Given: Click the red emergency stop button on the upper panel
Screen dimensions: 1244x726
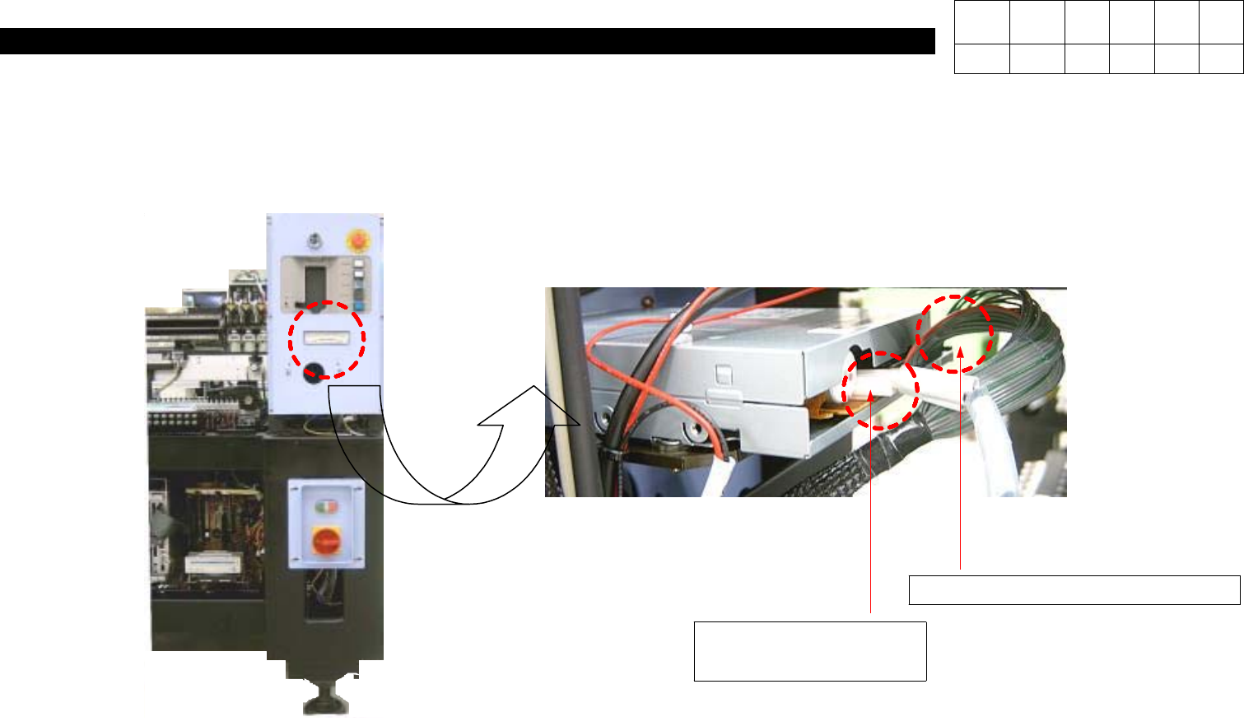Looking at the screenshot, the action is [x=359, y=240].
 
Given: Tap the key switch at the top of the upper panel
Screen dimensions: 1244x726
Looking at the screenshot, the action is [x=314, y=241].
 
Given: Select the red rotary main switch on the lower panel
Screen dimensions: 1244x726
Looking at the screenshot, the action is [x=324, y=542].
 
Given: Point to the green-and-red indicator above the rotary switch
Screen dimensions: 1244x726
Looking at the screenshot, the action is [x=324, y=505].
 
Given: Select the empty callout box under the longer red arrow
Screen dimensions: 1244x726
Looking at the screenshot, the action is [x=1074, y=590].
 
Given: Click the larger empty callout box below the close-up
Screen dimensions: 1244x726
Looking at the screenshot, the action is [x=810, y=651].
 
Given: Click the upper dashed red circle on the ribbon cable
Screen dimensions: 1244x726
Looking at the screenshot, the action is [x=955, y=333].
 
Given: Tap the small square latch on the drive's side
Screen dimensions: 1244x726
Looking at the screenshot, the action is [x=724, y=375].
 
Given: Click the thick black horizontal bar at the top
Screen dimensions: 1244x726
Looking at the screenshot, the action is [x=467, y=41].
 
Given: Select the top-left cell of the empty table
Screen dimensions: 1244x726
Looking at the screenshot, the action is [x=981, y=23].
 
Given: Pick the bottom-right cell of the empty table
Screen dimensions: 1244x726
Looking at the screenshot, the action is [x=1221, y=59].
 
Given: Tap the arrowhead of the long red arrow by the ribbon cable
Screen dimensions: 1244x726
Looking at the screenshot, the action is [x=959, y=353].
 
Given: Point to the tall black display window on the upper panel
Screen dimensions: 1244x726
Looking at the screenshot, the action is [x=314, y=282].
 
